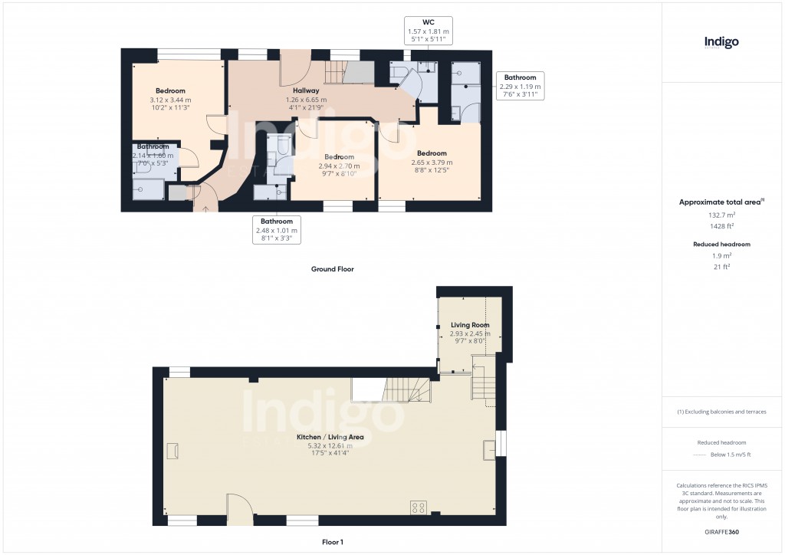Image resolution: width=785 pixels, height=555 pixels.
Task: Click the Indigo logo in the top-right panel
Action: click(x=721, y=43)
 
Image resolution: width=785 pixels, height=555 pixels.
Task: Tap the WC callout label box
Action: click(x=428, y=31)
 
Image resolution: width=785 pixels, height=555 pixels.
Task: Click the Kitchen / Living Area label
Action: click(x=330, y=437)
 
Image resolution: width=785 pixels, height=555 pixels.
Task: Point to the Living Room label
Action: click(x=470, y=325)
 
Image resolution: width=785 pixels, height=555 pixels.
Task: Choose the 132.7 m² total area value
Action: click(x=721, y=215)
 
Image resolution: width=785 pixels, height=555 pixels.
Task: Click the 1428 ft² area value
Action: click(x=721, y=226)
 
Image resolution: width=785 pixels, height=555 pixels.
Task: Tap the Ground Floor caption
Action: click(x=332, y=269)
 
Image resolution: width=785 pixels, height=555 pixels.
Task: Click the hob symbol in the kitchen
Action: click(x=419, y=506)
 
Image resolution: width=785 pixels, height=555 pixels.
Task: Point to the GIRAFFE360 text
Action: click(x=721, y=531)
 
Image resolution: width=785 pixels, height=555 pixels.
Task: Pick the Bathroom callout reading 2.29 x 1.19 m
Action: click(x=520, y=87)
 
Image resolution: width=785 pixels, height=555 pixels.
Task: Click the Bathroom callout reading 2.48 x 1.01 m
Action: click(x=276, y=230)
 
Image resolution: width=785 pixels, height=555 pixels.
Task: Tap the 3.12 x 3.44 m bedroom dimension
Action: click(x=170, y=100)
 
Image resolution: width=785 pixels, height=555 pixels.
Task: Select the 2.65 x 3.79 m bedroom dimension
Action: click(x=431, y=163)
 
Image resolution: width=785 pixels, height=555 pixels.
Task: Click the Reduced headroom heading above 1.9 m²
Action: click(x=721, y=244)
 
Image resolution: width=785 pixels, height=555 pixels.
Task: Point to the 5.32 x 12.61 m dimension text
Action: click(x=330, y=445)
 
